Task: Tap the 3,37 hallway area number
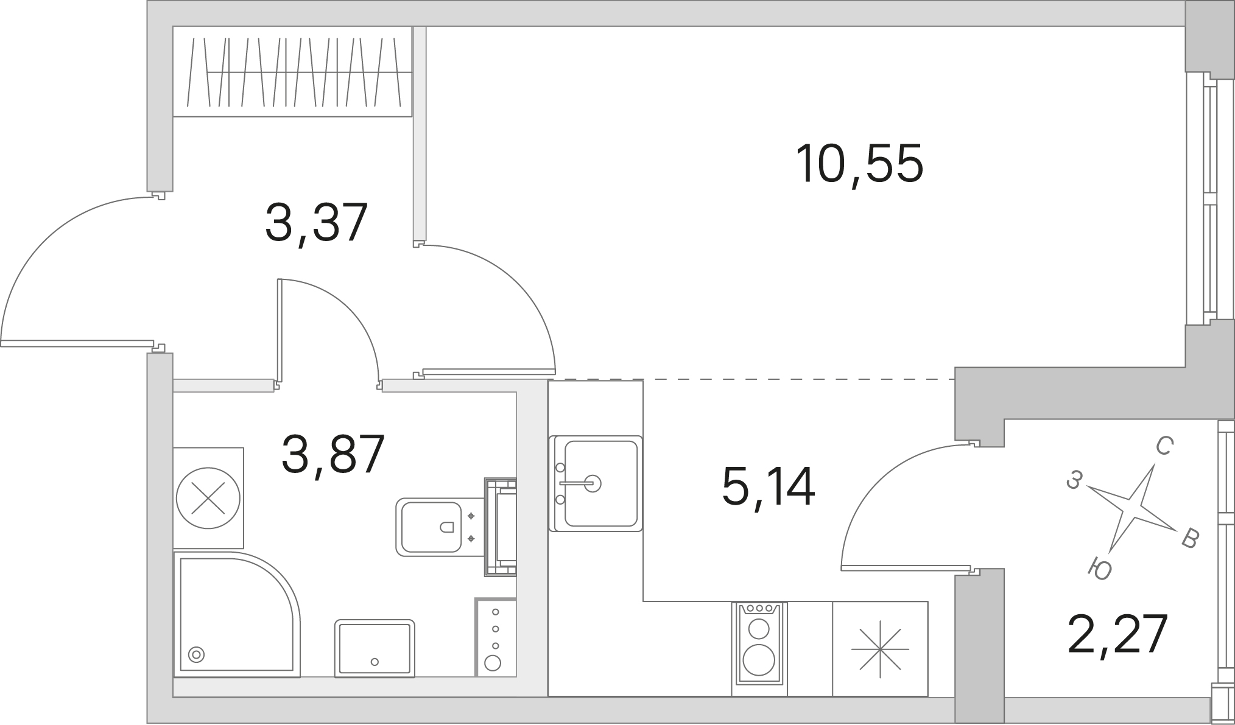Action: click(x=317, y=223)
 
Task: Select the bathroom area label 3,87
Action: click(x=333, y=454)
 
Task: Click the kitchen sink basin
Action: click(x=596, y=483)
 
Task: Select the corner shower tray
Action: click(x=237, y=614)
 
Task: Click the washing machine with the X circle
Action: click(x=208, y=498)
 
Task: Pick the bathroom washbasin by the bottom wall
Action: click(x=375, y=649)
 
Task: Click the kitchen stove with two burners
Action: click(x=760, y=649)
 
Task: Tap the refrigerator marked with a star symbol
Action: click(x=880, y=649)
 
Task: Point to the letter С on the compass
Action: click(x=1164, y=447)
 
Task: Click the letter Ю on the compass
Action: click(x=1100, y=569)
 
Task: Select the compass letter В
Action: click(x=1189, y=539)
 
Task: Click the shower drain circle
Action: click(x=196, y=655)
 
